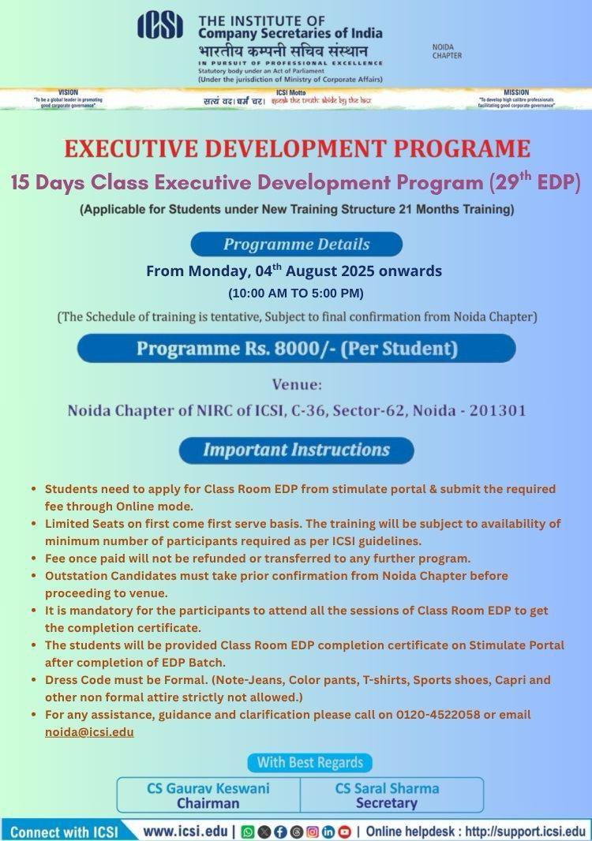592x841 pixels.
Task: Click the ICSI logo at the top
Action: click(160, 26)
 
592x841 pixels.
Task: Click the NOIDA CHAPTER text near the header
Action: click(447, 51)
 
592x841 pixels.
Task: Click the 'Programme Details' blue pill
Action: click(296, 244)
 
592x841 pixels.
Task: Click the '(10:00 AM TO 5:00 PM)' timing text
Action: click(296, 293)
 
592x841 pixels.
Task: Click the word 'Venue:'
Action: click(297, 385)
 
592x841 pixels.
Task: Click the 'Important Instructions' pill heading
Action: click(296, 450)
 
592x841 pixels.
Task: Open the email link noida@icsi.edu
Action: click(89, 731)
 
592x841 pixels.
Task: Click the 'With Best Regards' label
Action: click(310, 762)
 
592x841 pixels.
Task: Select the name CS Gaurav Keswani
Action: click(208, 788)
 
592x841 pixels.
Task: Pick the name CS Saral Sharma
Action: click(387, 788)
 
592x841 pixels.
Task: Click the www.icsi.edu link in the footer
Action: click(185, 831)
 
